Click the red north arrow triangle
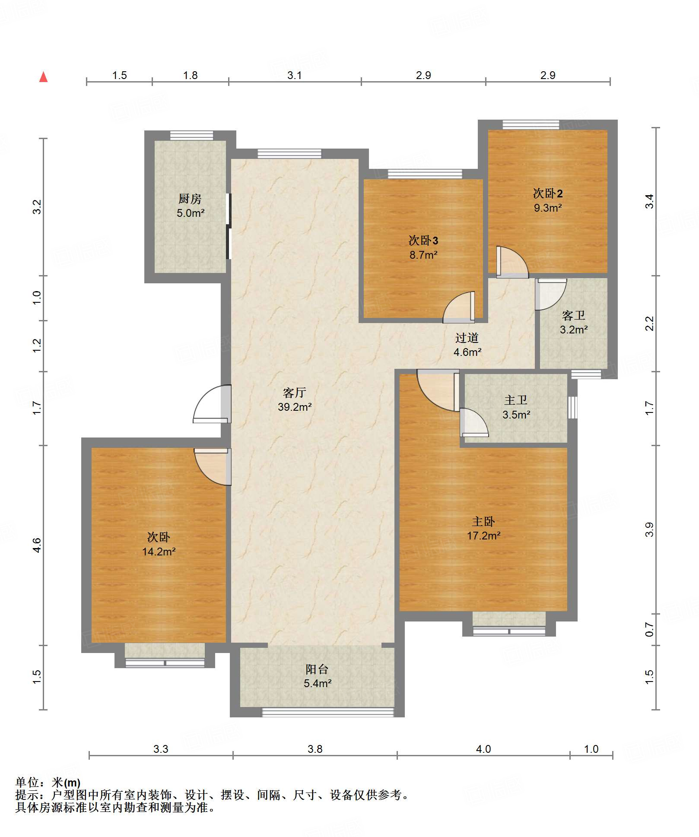[x=44, y=77]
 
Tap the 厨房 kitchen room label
[x=190, y=199]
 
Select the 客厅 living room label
[x=295, y=393]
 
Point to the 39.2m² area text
[x=295, y=407]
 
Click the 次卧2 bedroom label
[x=548, y=193]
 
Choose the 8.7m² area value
[x=423, y=255]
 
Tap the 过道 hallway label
[x=467, y=338]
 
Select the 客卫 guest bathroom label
[x=574, y=315]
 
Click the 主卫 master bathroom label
[x=516, y=400]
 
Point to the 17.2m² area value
[x=483, y=536]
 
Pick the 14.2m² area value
[x=159, y=552]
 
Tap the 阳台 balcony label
[x=317, y=669]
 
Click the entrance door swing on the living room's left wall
[x=212, y=404]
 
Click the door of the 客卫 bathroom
[x=551, y=294]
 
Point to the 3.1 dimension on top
[x=295, y=76]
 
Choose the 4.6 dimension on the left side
[x=37, y=545]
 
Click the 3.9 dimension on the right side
[x=649, y=529]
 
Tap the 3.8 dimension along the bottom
[x=315, y=749]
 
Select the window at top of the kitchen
[x=191, y=135]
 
